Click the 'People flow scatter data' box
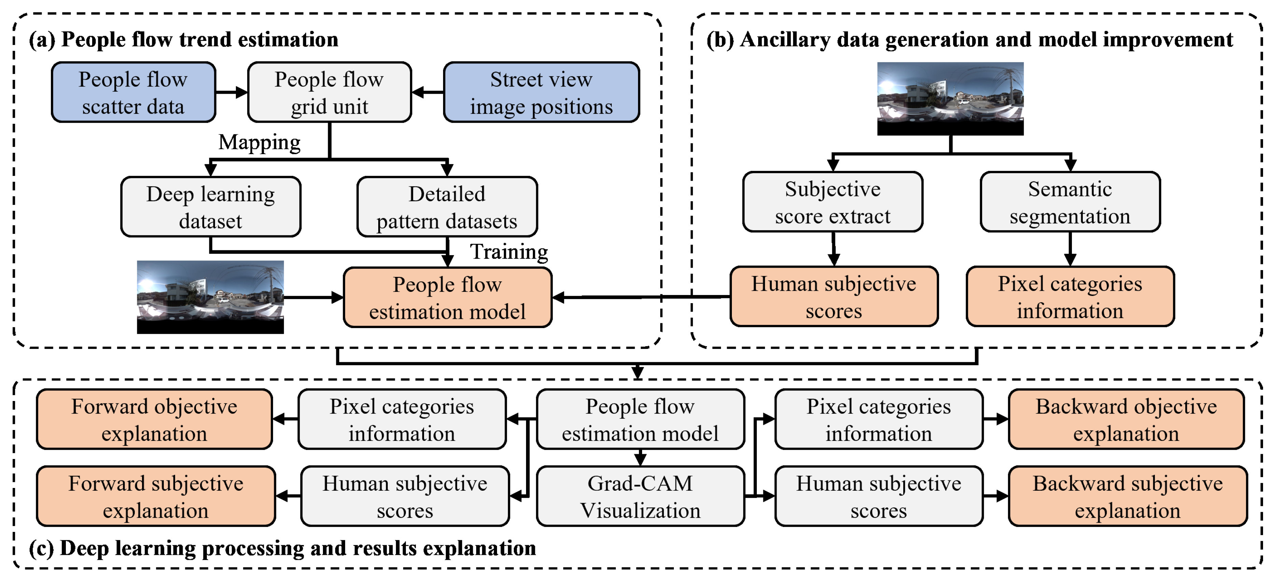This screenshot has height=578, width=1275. [x=133, y=92]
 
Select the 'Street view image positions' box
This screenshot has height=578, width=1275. [x=541, y=92]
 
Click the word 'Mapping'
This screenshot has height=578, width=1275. [x=259, y=143]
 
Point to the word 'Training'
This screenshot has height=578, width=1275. [x=509, y=252]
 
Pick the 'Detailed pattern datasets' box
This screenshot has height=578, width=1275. [x=447, y=207]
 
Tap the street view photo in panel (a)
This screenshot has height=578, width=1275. [x=210, y=297]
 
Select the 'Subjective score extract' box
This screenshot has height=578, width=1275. [x=833, y=202]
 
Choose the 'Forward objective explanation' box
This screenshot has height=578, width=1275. [x=154, y=419]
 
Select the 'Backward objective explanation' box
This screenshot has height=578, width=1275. [x=1126, y=419]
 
